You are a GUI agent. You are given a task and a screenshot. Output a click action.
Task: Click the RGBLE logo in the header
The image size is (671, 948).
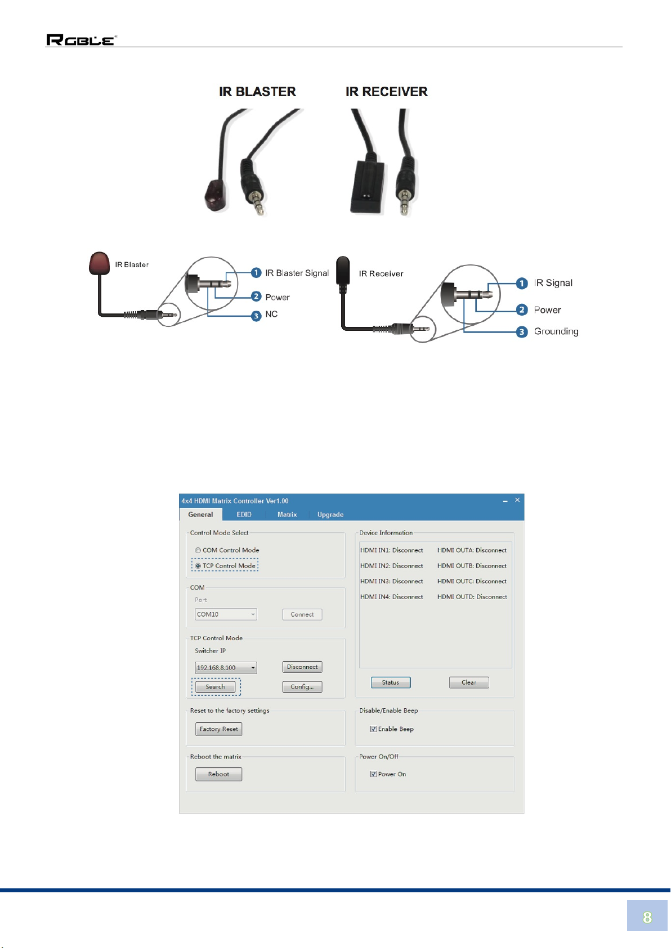click(x=81, y=40)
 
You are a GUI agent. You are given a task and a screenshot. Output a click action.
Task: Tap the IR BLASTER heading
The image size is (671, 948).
click(x=257, y=92)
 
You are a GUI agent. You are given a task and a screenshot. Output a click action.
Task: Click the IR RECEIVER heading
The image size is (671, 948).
click(x=386, y=92)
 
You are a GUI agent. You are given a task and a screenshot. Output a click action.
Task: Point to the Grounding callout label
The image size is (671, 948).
click(x=556, y=331)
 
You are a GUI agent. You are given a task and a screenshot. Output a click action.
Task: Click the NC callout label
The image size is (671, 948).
click(x=271, y=314)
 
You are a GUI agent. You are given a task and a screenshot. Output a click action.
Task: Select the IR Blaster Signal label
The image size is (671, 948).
click(x=297, y=273)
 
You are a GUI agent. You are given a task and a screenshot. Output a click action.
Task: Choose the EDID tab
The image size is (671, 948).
click(x=244, y=514)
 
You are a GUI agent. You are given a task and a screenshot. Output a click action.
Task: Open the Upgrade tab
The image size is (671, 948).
click(x=330, y=514)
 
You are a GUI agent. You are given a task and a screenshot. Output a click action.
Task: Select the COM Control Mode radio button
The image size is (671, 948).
click(x=198, y=550)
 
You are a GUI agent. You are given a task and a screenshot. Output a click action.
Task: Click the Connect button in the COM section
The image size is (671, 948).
click(x=302, y=614)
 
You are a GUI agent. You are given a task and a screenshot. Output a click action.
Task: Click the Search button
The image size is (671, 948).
click(x=215, y=686)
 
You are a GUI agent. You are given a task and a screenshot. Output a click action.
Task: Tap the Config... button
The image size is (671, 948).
click(x=302, y=686)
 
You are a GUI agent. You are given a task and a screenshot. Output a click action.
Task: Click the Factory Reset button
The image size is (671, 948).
click(x=218, y=729)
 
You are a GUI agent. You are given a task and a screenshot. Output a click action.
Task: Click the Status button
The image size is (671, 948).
click(x=390, y=682)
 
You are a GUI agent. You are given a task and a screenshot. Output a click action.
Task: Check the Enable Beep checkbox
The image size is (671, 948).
click(x=373, y=729)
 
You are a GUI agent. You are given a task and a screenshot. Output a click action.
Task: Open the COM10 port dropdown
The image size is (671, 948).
click(x=226, y=614)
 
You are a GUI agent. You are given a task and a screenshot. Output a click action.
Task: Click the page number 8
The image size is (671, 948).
click(x=647, y=918)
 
